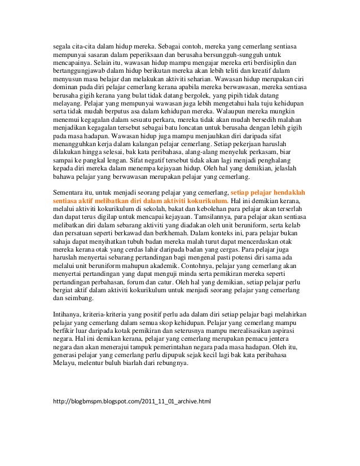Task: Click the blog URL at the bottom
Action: click(131, 402)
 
